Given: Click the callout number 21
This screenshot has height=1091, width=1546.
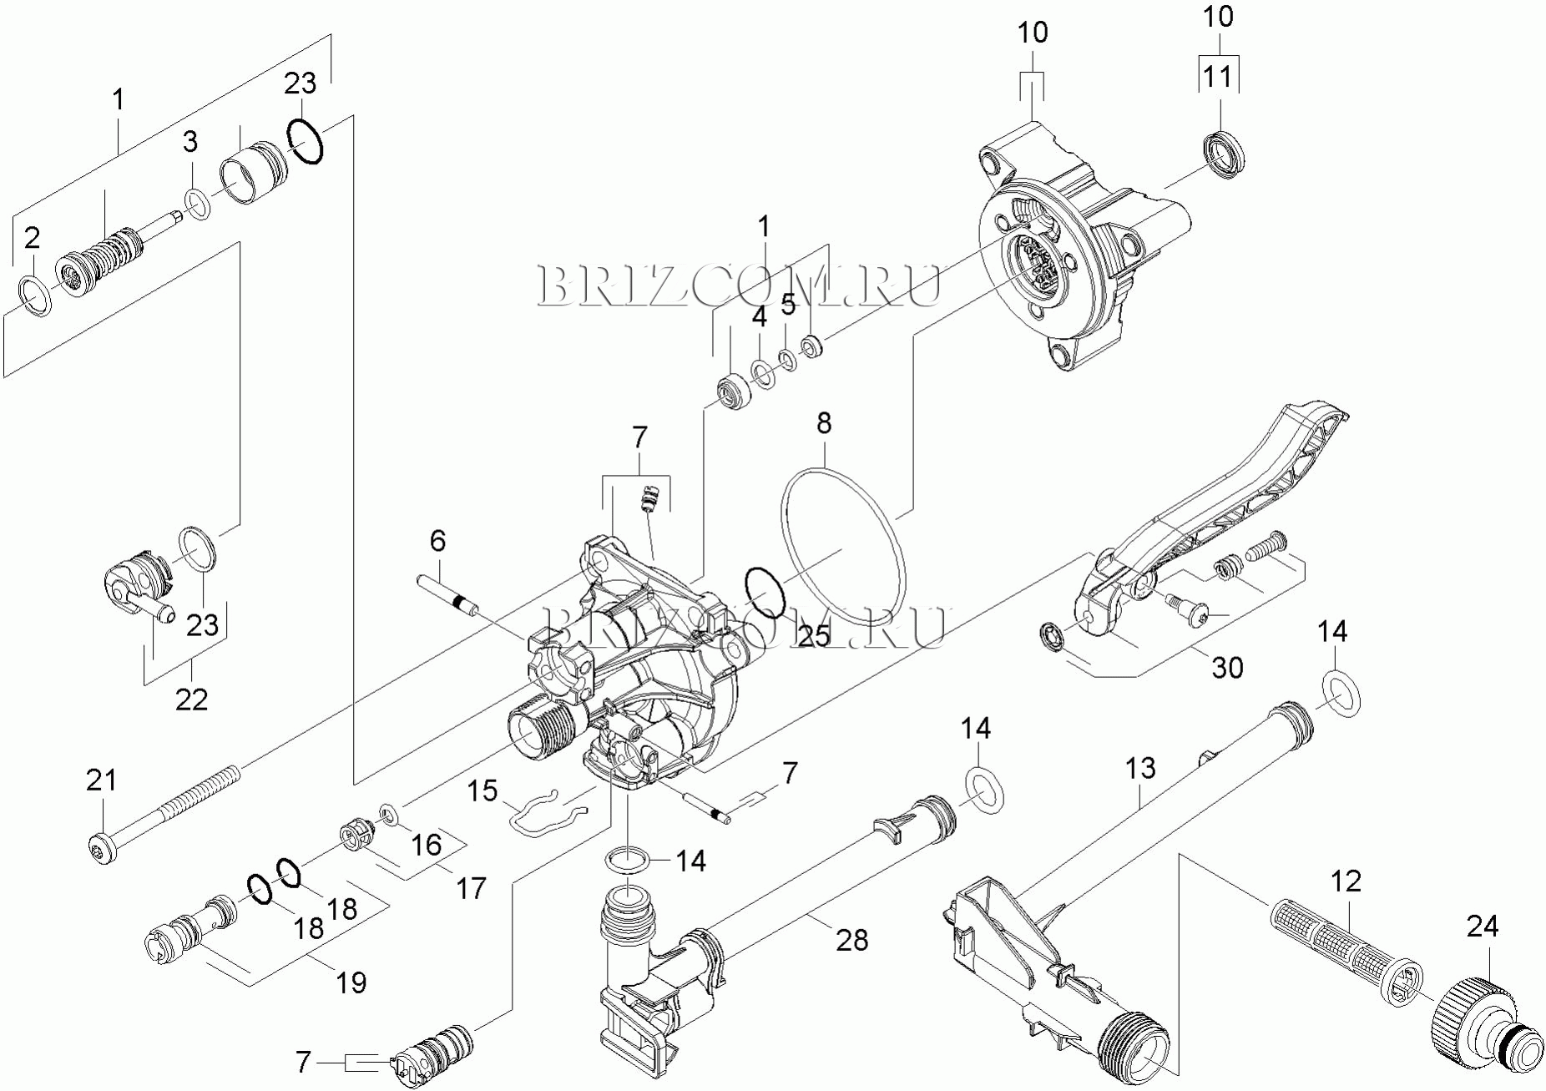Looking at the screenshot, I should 102,780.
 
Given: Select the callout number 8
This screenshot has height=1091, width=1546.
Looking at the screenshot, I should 824,423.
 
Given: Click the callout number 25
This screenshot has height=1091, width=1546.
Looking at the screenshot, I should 814,636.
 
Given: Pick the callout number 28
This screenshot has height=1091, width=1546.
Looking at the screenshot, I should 852,940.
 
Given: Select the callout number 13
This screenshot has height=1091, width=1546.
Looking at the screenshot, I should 1140,768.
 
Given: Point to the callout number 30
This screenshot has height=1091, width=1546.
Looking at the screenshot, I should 1227,667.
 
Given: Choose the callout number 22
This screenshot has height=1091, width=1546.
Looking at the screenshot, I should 190,699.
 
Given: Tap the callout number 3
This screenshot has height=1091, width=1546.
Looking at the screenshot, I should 190,142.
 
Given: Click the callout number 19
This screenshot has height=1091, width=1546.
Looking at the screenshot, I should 351,982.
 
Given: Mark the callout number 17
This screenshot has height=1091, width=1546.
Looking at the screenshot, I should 471,888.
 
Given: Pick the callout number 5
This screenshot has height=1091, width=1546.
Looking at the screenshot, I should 789,306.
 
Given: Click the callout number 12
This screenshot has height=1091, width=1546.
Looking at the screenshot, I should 1346,881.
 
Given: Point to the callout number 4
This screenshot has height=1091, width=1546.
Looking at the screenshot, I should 759,317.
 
